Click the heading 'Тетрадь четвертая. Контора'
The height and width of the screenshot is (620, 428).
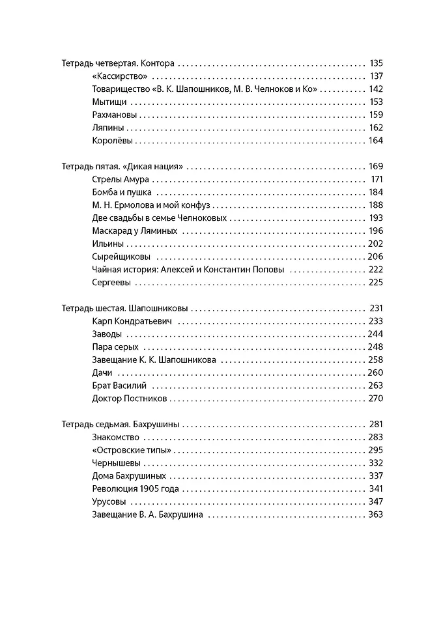pyautogui.click(x=118, y=64)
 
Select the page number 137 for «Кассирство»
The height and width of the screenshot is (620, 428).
pyautogui.click(x=377, y=77)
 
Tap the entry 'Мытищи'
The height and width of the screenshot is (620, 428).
pyautogui.click(x=109, y=102)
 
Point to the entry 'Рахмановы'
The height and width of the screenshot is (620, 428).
pyautogui.click(x=115, y=115)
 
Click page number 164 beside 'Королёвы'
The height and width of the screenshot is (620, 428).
pyautogui.click(x=376, y=141)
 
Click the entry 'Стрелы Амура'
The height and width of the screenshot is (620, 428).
pyautogui.click(x=122, y=179)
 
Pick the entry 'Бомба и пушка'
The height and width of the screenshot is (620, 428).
pyautogui.click(x=122, y=192)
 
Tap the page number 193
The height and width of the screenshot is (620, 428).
pyautogui.click(x=376, y=218)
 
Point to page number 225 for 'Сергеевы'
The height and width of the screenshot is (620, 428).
pyautogui.click(x=376, y=282)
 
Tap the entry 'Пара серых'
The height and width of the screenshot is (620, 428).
pyautogui.click(x=116, y=346)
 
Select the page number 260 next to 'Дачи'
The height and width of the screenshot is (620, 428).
pyautogui.click(x=375, y=373)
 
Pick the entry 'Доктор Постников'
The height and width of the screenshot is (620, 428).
pyautogui.click(x=130, y=398)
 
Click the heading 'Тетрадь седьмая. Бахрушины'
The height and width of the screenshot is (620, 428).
pyautogui.click(x=121, y=424)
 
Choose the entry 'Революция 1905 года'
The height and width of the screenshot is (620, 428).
pyautogui.click(x=136, y=488)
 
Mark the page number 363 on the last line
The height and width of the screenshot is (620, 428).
pyautogui.click(x=375, y=514)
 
